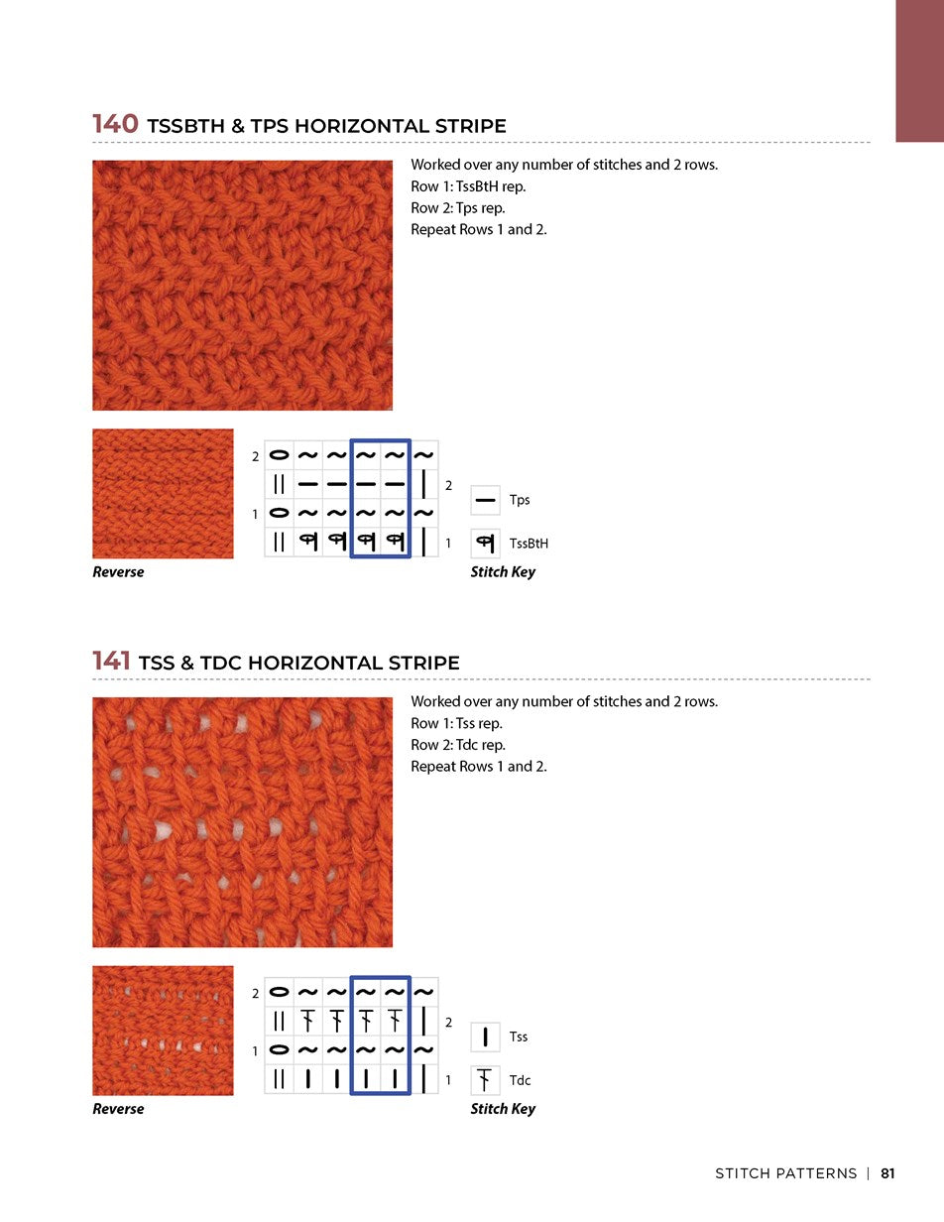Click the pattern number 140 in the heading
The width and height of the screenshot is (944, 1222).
pyautogui.click(x=115, y=125)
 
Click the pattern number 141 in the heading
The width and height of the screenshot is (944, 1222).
pyautogui.click(x=113, y=662)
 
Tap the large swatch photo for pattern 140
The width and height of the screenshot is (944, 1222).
pyautogui.click(x=242, y=286)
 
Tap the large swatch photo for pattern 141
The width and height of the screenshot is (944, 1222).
pyautogui.click(x=242, y=822)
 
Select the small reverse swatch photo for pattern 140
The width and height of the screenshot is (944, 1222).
pyautogui.click(x=163, y=493)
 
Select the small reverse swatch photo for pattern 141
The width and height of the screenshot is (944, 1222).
pyautogui.click(x=163, y=1031)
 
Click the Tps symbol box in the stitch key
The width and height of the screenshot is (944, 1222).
pyautogui.click(x=486, y=501)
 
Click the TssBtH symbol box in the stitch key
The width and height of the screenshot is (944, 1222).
pyautogui.click(x=486, y=544)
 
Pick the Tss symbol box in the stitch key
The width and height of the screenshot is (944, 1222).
pyautogui.click(x=486, y=1038)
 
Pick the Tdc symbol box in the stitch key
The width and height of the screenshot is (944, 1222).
pyautogui.click(x=486, y=1080)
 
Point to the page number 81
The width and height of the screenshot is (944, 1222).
pyautogui.click(x=887, y=1173)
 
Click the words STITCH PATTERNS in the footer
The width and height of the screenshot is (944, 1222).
pyautogui.click(x=785, y=1173)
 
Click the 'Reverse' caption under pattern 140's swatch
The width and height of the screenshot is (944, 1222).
pyautogui.click(x=118, y=572)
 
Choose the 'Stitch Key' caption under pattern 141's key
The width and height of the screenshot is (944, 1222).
pyautogui.click(x=503, y=1109)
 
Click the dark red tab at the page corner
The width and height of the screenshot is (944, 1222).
pyautogui.click(x=919, y=70)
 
